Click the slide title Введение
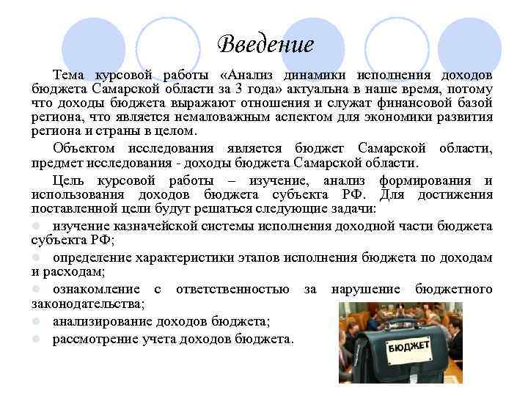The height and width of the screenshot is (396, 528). click(265, 45)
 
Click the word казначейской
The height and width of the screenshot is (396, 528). click(144, 227)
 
